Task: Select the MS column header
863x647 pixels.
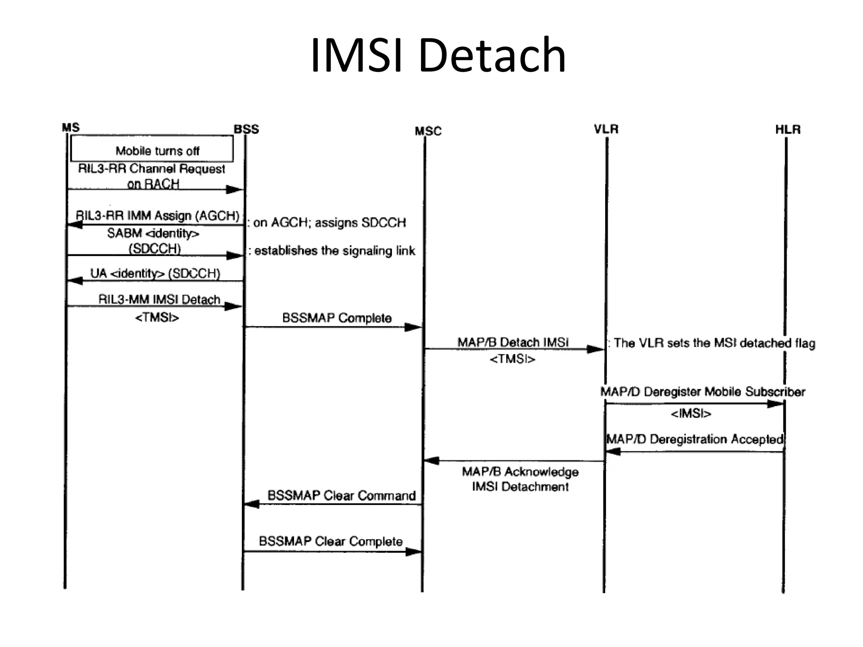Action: click(70, 127)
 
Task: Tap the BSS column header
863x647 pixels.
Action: click(247, 129)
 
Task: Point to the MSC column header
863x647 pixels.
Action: click(428, 131)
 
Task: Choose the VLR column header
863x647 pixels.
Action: click(606, 129)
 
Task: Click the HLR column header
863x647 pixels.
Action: click(788, 129)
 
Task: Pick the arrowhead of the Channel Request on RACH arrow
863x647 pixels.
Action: click(234, 190)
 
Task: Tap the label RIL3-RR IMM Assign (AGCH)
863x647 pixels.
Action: click(157, 216)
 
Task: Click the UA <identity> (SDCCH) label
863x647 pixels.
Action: click(155, 273)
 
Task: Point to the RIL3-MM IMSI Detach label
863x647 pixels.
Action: click(159, 299)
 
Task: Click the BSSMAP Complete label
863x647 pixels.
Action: click(337, 318)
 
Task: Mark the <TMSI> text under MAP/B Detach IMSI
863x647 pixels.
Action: click(512, 359)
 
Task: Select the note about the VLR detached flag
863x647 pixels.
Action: click(712, 343)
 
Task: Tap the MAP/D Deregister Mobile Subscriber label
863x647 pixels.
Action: click(702, 392)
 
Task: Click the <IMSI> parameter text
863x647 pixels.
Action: click(691, 414)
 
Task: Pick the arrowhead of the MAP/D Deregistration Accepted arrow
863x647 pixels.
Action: click(614, 452)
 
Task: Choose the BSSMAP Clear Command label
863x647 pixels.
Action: click(341, 495)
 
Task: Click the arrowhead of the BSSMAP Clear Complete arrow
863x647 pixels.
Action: click(413, 551)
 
